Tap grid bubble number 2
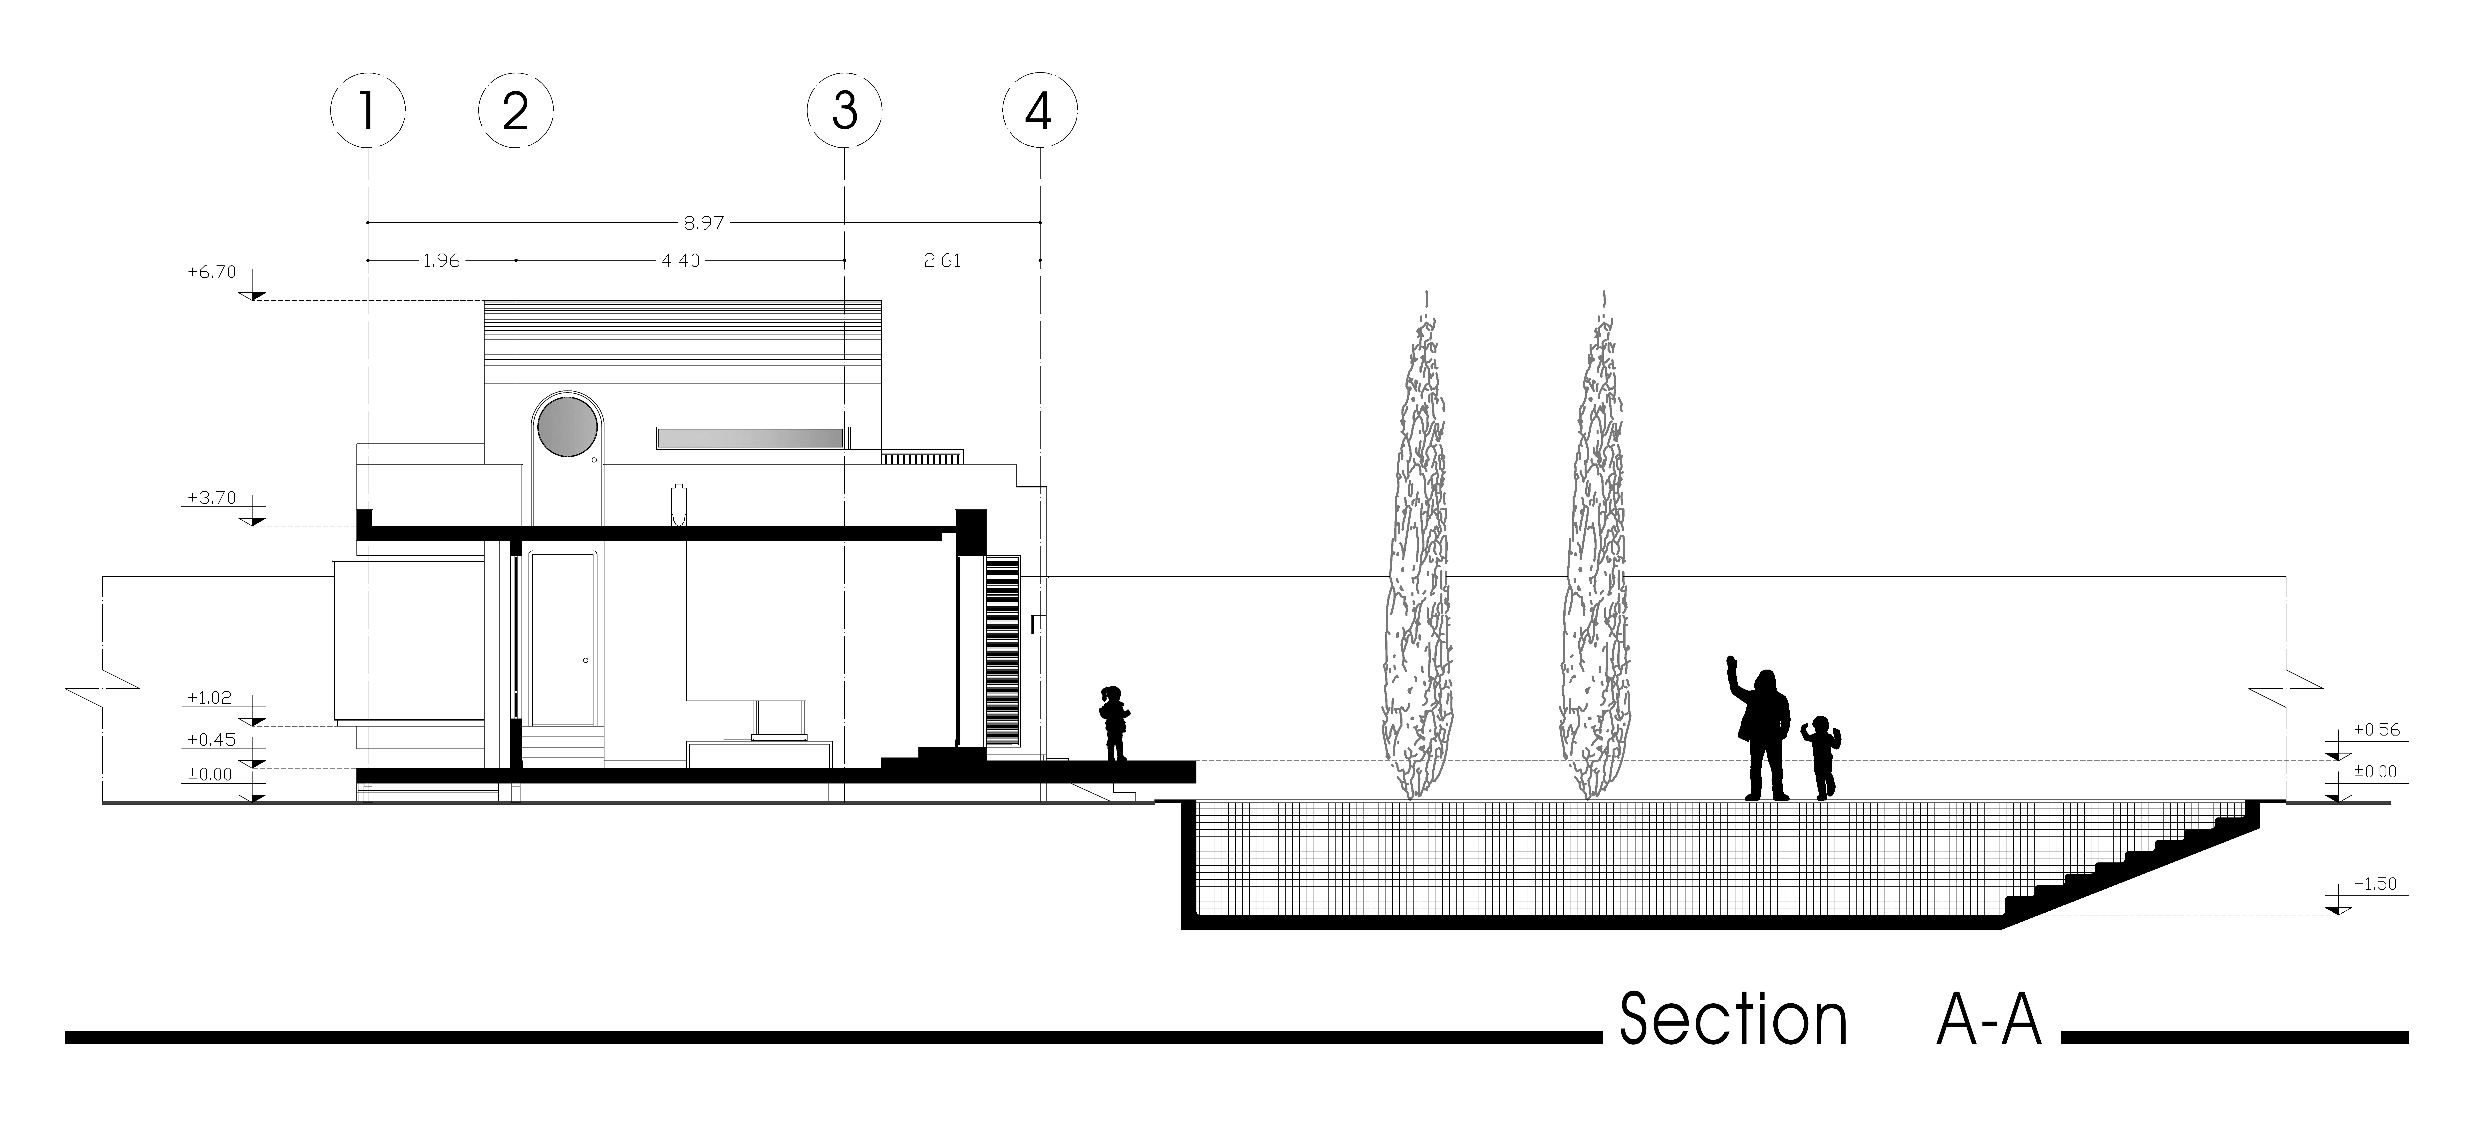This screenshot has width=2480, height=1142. tap(516, 112)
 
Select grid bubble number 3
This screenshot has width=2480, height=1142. tap(844, 112)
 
